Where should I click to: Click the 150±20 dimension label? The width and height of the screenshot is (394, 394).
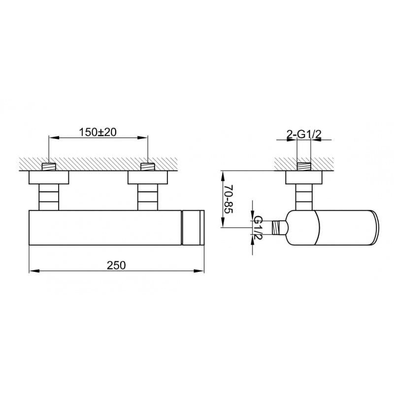[98, 132]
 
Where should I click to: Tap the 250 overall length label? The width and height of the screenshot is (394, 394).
[116, 265]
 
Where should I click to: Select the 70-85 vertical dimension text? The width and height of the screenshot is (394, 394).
[229, 199]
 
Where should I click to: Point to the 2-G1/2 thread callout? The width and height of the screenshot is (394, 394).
[304, 134]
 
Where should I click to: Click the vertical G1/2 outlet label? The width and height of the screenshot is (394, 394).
[258, 228]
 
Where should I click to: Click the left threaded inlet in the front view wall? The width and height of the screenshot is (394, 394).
[49, 166]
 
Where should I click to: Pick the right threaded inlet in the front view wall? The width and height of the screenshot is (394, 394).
[148, 166]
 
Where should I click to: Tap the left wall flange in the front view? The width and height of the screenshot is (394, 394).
[49, 177]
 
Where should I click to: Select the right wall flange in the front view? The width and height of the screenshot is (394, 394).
[148, 177]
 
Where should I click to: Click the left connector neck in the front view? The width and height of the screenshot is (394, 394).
[49, 197]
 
